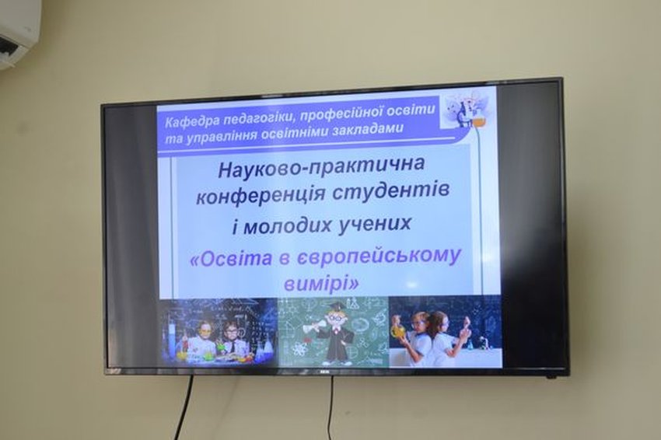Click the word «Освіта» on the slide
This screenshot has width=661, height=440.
point(232,259)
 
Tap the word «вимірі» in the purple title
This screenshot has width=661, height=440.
point(322,283)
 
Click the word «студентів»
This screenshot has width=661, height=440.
point(390,191)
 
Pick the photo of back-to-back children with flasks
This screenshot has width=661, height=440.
point(445,331)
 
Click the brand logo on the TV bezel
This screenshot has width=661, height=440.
point(325,372)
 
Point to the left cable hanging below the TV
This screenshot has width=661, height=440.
point(187,407)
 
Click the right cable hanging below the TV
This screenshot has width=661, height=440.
point(332,407)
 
